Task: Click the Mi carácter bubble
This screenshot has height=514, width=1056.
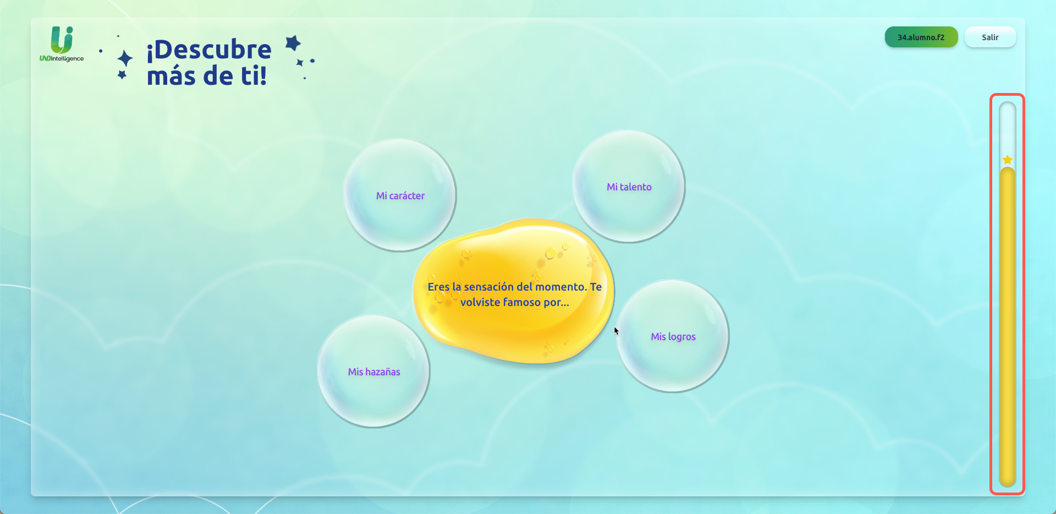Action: coord(400,195)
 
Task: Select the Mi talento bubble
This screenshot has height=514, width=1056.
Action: coord(629,187)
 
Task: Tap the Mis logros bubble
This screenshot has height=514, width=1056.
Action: coord(673,336)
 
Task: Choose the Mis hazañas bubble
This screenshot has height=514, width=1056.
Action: coord(373,371)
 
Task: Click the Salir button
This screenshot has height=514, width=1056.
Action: coord(990,37)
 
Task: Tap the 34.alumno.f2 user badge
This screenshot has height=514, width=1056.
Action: coord(921,37)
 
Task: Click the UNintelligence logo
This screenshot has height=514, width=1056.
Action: coord(62,44)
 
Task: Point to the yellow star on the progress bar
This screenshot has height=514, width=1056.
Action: coord(1008,160)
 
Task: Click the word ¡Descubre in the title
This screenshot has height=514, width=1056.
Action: coord(209,50)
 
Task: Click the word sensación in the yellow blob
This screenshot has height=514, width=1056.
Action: coord(488,287)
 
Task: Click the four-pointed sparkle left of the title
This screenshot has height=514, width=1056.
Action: coord(125,58)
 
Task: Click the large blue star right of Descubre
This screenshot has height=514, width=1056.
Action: coord(293,43)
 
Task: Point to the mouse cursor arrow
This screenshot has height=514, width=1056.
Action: coord(616,330)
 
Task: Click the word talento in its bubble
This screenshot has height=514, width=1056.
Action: coord(636,187)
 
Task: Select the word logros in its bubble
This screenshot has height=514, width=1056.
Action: coord(681,337)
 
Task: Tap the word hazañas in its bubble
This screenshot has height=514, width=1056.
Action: coord(383,372)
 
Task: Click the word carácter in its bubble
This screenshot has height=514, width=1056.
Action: coord(407,196)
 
